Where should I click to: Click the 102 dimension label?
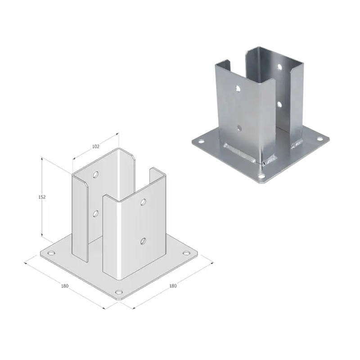[x=95, y=146]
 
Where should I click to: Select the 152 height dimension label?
[x=42, y=197]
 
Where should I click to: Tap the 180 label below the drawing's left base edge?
[x=65, y=286]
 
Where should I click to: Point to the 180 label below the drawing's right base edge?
[x=173, y=286]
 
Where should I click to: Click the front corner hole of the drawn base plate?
[x=119, y=292]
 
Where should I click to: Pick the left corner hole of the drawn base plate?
[x=51, y=253]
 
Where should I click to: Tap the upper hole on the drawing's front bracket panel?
[x=143, y=202]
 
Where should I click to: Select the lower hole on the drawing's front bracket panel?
[x=143, y=241]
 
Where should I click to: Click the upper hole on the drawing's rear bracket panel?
[x=96, y=175]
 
